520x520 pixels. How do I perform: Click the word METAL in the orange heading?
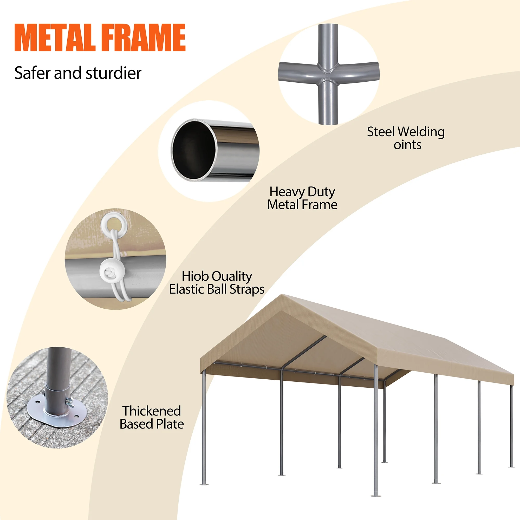click(x=55, y=37)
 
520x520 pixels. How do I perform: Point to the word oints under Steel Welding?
click(x=407, y=145)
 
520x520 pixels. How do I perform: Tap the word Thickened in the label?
click(x=152, y=411)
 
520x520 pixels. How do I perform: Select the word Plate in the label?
click(x=170, y=424)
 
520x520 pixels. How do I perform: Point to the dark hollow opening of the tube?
click(x=194, y=150)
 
